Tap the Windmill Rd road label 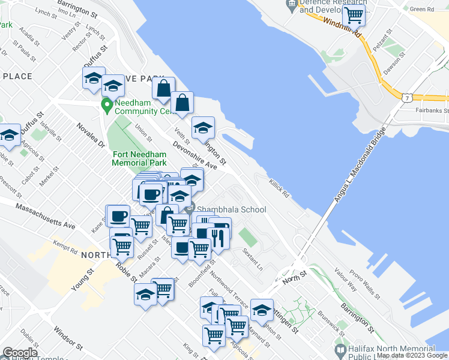341,28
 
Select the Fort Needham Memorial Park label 139,158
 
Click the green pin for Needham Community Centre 107,106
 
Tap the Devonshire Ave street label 194,154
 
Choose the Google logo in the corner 20,353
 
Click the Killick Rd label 280,187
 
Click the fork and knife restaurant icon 218,238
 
